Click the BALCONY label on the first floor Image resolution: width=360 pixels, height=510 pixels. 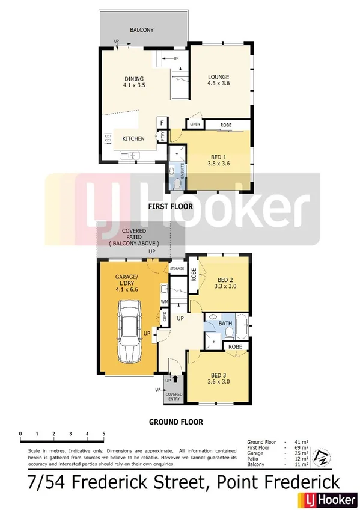tap(142, 29)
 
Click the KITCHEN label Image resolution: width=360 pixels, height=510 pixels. tap(133, 139)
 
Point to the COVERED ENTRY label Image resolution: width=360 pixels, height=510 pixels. tap(174, 396)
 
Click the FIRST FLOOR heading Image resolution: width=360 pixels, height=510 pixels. tap(171, 206)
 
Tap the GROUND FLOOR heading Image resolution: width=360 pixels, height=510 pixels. tap(175, 422)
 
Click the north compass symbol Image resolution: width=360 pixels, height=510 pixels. tap(323, 456)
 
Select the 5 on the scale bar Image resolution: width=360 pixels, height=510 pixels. tap(104, 433)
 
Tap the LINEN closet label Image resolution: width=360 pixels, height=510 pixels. tap(195, 124)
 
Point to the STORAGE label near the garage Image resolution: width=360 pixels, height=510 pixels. tap(177, 269)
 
